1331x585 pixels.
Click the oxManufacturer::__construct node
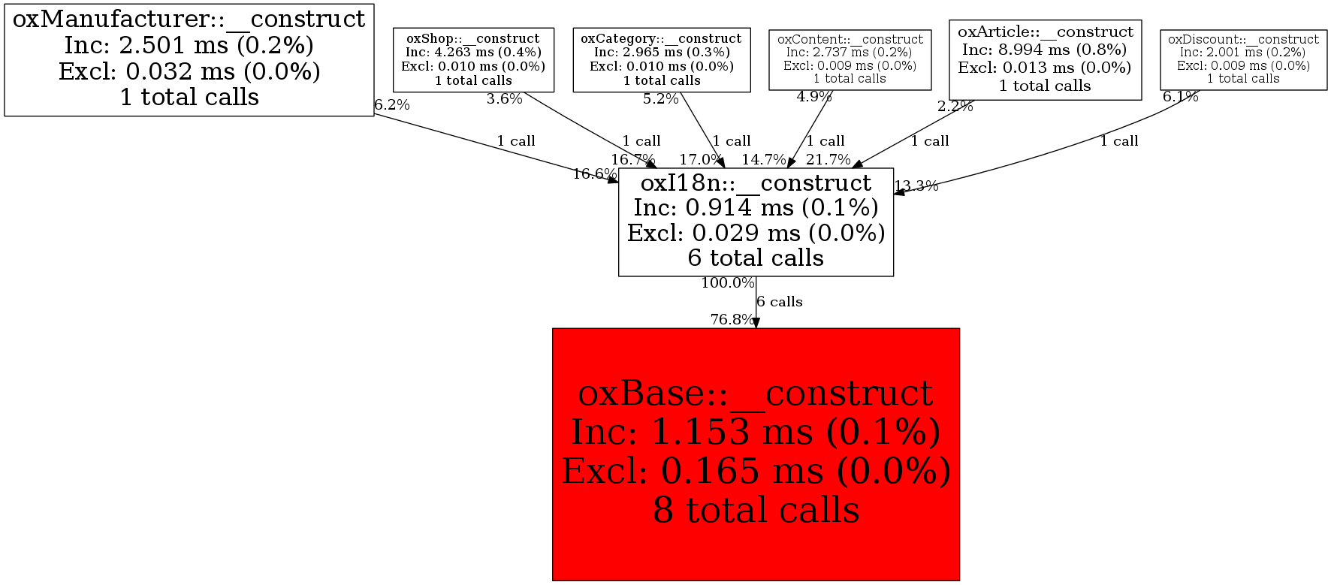pyautogui.click(x=189, y=59)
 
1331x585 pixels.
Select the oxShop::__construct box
pyautogui.click(x=473, y=59)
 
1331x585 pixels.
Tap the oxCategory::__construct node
pyautogui.click(x=661, y=59)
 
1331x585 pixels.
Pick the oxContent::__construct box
pyautogui.click(x=850, y=59)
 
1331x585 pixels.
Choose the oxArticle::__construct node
pyautogui.click(x=1045, y=59)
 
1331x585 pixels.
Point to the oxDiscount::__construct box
pyautogui.click(x=1243, y=59)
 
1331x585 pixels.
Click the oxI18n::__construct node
pyautogui.click(x=756, y=222)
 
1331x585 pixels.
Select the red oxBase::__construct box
pyautogui.click(x=756, y=454)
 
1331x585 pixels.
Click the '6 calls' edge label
pyautogui.click(x=780, y=302)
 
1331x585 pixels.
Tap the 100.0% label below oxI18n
pyautogui.click(x=727, y=283)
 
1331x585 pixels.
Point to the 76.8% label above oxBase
pyautogui.click(x=732, y=320)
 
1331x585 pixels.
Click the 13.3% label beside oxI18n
pyautogui.click(x=916, y=186)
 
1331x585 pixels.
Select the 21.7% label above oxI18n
pyautogui.click(x=828, y=160)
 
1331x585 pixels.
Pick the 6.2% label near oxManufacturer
pyautogui.click(x=392, y=105)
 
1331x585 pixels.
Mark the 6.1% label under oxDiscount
pyautogui.click(x=1180, y=97)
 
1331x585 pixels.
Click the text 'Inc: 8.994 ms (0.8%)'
pyautogui.click(x=1044, y=50)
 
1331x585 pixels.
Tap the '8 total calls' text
pyautogui.click(x=756, y=511)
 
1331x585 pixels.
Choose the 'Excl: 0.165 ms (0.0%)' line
pyautogui.click(x=756, y=472)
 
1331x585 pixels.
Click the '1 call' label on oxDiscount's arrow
pyautogui.click(x=1119, y=141)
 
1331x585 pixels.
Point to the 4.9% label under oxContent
pyautogui.click(x=814, y=97)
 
